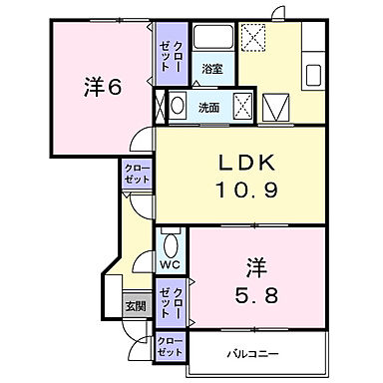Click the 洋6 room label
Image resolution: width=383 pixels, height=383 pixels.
click(x=101, y=88)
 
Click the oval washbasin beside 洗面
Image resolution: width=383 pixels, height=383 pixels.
click(x=179, y=105)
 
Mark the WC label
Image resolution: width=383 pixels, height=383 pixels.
click(x=170, y=264)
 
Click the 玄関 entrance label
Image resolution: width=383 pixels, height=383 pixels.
click(x=135, y=305)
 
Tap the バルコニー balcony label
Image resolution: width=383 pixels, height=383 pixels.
click(x=257, y=352)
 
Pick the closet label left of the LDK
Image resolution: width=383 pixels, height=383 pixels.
click(x=137, y=172)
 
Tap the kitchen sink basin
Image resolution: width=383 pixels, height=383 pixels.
click(x=313, y=75)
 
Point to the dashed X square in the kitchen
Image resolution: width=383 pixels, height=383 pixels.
click(x=253, y=38)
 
